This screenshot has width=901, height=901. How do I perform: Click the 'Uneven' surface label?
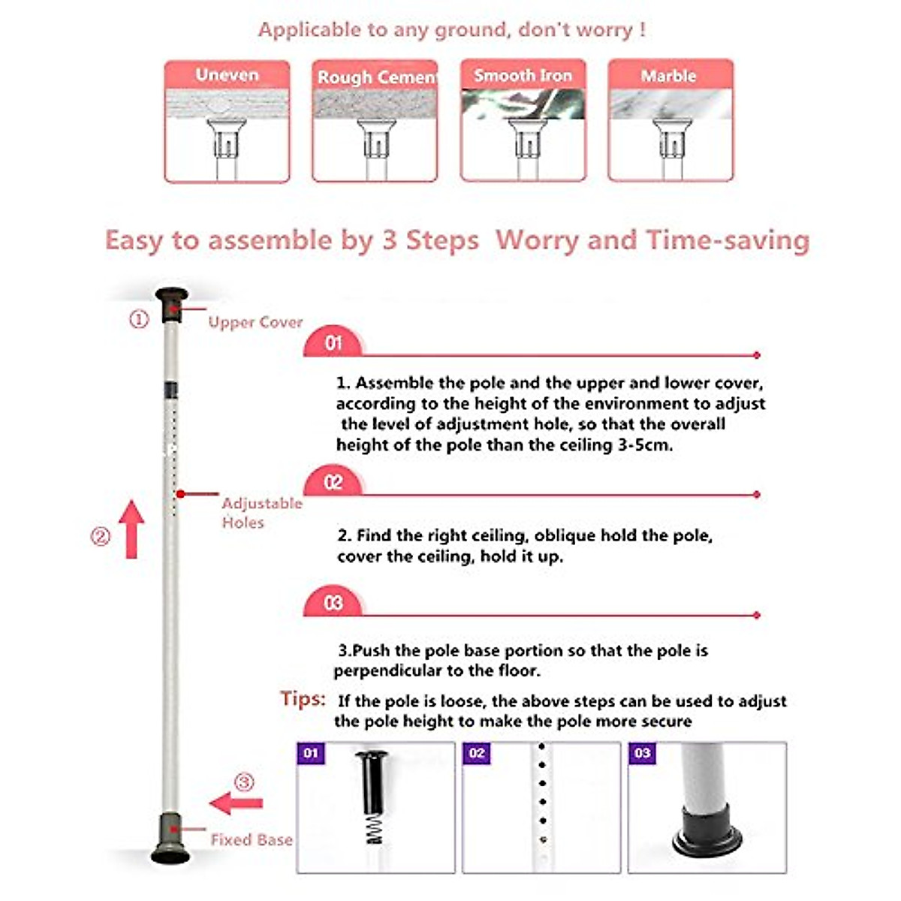(x=227, y=75)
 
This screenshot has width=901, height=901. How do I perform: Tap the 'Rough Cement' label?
(x=375, y=77)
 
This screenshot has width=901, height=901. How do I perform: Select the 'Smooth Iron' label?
(x=523, y=76)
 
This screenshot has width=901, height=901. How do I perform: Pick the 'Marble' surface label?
(x=668, y=76)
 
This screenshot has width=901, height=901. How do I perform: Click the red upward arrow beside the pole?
(x=132, y=529)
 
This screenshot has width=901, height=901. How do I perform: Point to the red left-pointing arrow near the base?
(x=236, y=803)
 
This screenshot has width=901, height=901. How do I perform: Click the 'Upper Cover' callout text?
(x=255, y=322)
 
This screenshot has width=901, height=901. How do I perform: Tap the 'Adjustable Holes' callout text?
(x=261, y=513)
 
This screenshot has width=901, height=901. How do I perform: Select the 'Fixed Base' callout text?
(x=252, y=839)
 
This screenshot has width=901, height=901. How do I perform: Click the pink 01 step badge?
(x=333, y=343)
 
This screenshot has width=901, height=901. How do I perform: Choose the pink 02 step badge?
(x=333, y=483)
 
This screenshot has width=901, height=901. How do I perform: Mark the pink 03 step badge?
(x=333, y=604)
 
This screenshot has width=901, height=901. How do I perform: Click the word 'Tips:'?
(x=303, y=699)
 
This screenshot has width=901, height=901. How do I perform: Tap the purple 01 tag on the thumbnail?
(x=311, y=753)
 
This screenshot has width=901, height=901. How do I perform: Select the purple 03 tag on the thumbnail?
(x=642, y=753)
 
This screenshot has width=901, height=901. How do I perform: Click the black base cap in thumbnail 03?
(x=707, y=833)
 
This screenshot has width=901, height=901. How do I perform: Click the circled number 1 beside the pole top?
(x=140, y=320)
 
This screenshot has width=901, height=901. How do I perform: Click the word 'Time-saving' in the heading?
(x=728, y=240)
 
